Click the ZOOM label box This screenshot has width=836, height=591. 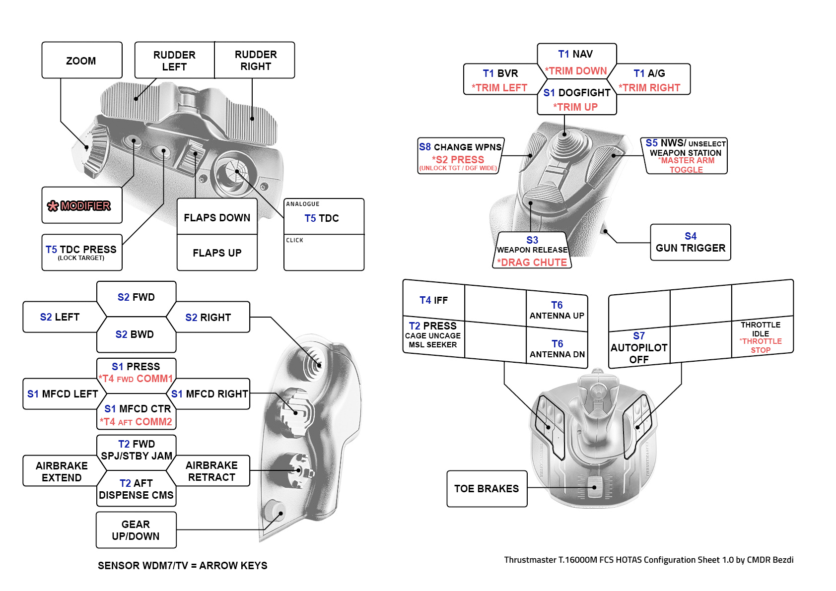pyautogui.click(x=81, y=61)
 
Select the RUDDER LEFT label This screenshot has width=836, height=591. pyautogui.click(x=174, y=61)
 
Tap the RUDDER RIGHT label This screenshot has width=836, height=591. pyautogui.click(x=256, y=60)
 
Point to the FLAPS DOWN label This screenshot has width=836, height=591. pyautogui.click(x=217, y=217)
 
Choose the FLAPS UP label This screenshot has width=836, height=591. pyautogui.click(x=217, y=253)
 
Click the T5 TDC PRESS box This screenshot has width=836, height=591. pyautogui.click(x=81, y=252)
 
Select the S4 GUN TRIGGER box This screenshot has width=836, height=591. pyautogui.click(x=690, y=242)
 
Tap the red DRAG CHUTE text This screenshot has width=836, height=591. pyautogui.click(x=532, y=263)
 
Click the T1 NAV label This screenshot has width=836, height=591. pyautogui.click(x=575, y=54)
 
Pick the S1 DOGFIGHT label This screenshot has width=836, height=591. pyautogui.click(x=576, y=93)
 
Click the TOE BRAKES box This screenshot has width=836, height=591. pyautogui.click(x=487, y=489)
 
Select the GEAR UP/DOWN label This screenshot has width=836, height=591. pyautogui.click(x=136, y=530)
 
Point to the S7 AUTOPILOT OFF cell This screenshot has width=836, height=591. pyautogui.click(x=639, y=347)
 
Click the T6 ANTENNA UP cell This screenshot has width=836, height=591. pyautogui.click(x=557, y=311)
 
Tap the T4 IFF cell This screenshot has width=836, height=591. pyautogui.click(x=433, y=300)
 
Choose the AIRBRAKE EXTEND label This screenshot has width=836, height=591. pyautogui.click(x=62, y=471)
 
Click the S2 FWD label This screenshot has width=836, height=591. pyautogui.click(x=136, y=297)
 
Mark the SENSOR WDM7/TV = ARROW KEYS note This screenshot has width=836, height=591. pyautogui.click(x=182, y=566)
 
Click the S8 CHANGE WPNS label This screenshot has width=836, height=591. pyautogui.click(x=460, y=147)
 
